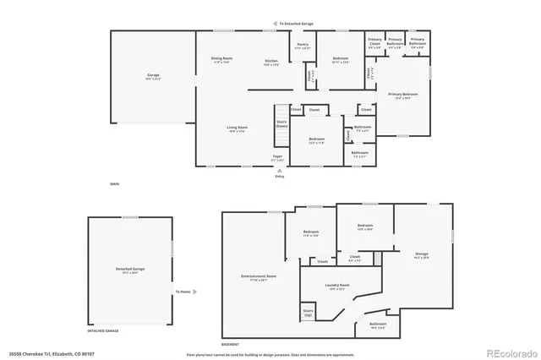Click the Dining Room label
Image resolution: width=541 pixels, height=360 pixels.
pyautogui.click(x=221, y=58)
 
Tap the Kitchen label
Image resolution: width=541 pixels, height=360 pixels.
pyautogui.click(x=271, y=62)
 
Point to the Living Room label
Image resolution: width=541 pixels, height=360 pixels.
pyautogui.click(x=236, y=128)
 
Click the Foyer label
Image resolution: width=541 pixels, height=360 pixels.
pyautogui.click(x=277, y=156)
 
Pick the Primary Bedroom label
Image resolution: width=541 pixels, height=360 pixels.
pyautogui.click(x=402, y=94)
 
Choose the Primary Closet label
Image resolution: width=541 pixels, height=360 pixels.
pyautogui.click(x=374, y=41)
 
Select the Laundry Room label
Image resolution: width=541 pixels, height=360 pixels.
pyautogui.click(x=337, y=286)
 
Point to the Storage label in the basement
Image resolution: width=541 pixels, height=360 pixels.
pyautogui.click(x=421, y=254)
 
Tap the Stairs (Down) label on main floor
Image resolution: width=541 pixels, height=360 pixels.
pyautogui.click(x=281, y=123)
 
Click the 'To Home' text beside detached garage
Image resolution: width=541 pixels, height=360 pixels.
pyautogui.click(x=183, y=292)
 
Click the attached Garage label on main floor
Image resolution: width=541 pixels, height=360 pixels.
pyautogui.click(x=153, y=76)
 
